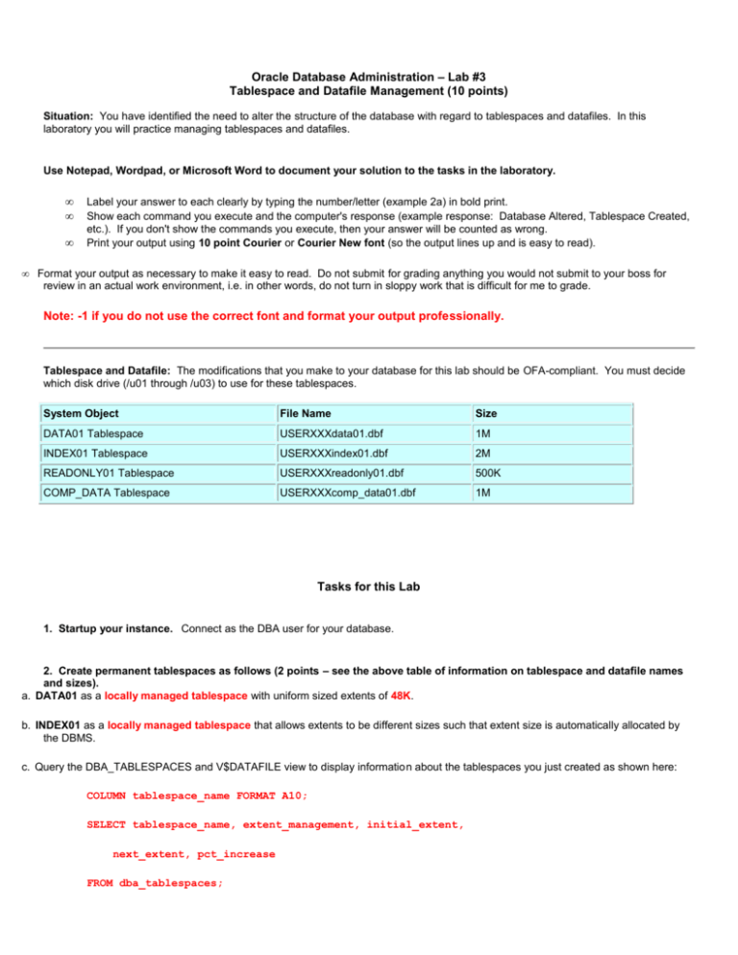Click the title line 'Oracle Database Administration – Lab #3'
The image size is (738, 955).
(368, 75)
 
